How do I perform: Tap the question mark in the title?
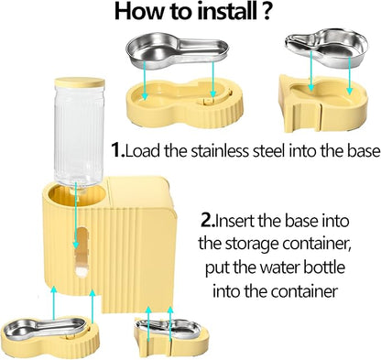pos(266,12)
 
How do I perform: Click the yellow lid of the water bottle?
pos(80,82)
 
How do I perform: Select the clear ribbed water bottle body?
pos(79,136)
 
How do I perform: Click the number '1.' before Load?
pos(118,150)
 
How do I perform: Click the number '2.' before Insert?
pos(208,221)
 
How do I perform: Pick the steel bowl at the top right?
pos(327,47)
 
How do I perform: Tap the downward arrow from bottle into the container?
pos(76,217)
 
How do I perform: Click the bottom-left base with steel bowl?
pos(50,334)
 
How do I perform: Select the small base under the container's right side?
pos(171,336)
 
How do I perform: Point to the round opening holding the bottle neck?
pos(77,194)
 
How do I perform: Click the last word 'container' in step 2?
pos(305,291)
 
